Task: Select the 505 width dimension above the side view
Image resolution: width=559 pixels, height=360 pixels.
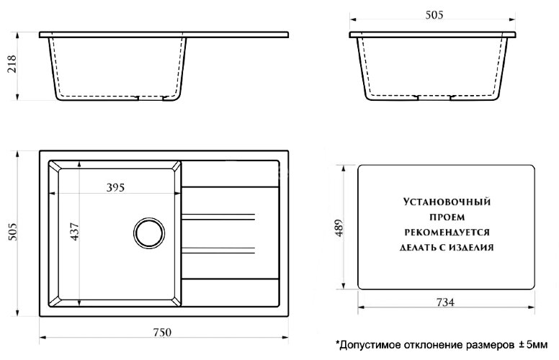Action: (434, 14)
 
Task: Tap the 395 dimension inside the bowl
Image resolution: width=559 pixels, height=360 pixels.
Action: (115, 188)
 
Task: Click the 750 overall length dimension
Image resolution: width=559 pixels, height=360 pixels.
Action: (161, 332)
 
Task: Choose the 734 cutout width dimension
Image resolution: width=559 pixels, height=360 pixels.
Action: (445, 302)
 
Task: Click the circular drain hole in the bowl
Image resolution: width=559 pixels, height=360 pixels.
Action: (149, 234)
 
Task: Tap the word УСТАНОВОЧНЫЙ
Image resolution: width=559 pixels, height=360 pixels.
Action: (444, 204)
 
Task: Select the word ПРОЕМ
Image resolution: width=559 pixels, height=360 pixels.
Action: (444, 218)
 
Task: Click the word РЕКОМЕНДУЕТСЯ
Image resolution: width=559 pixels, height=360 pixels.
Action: (444, 233)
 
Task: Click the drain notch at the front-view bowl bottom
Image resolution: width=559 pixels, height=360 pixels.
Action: (153, 98)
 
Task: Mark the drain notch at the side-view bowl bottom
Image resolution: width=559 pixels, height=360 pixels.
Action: (434, 96)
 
